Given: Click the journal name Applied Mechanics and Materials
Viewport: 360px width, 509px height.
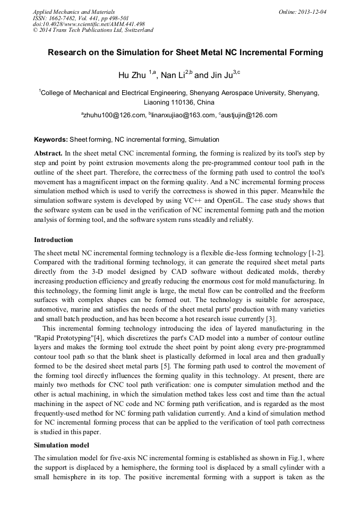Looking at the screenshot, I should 73,11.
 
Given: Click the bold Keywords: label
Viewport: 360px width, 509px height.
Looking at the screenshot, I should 51,140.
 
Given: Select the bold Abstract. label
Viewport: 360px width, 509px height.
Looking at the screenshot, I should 48,152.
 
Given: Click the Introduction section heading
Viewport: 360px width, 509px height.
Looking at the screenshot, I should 54,239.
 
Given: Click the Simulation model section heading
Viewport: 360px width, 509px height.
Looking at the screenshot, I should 62,445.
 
